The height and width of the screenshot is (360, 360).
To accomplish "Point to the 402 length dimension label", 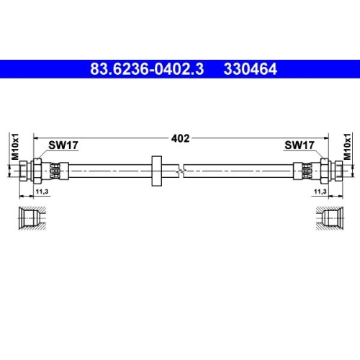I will (x=180, y=138).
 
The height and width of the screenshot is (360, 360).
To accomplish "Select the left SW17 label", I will (x=63, y=145).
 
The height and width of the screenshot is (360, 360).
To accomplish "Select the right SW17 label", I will (x=299, y=145).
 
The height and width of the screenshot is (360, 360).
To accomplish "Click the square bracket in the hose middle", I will (x=156, y=171).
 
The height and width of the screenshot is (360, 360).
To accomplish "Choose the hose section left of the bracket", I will (x=108, y=172).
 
